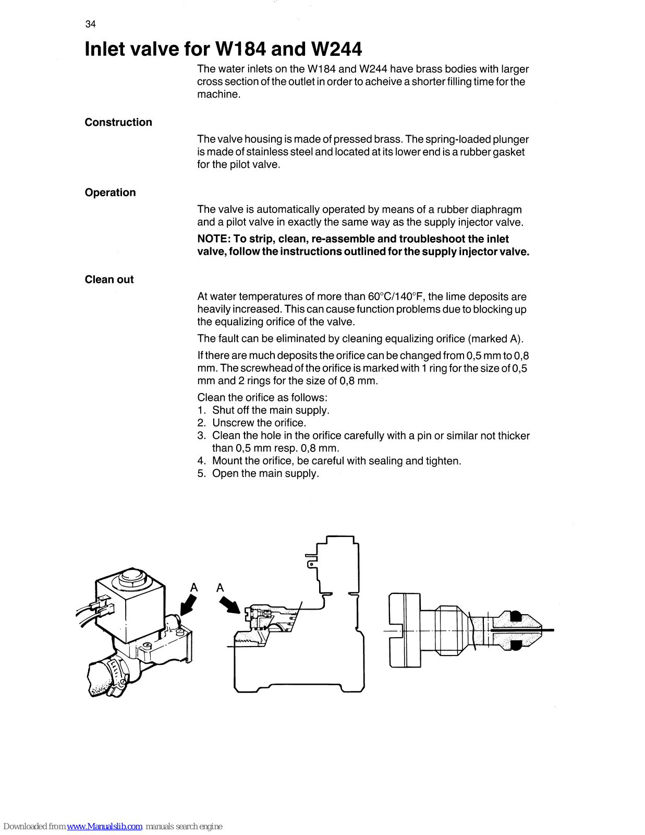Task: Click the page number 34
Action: point(90,24)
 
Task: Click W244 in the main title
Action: point(336,49)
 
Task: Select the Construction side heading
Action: point(118,122)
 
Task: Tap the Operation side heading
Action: point(110,193)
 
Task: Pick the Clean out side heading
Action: point(109,280)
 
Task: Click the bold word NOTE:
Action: point(214,239)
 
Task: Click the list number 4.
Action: point(201,461)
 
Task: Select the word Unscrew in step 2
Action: point(233,423)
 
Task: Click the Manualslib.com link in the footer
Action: point(104,827)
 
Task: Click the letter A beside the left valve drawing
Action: point(194,588)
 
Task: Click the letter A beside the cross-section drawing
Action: point(220,588)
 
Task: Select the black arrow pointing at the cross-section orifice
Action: point(230,606)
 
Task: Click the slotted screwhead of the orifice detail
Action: point(404,630)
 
